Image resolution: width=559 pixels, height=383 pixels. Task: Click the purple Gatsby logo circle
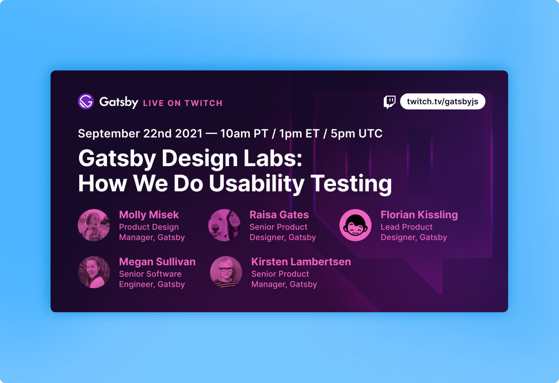(86, 101)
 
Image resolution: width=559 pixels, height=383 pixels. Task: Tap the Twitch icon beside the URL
(390, 102)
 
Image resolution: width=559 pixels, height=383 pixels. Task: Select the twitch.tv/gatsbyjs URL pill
(442, 101)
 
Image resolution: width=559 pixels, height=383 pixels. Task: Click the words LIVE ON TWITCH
(183, 103)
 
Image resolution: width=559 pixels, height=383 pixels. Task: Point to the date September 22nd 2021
(140, 133)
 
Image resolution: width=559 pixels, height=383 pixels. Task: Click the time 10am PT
(244, 133)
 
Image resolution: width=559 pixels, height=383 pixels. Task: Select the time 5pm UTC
(356, 133)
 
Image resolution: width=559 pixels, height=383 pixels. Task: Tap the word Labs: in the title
(273, 158)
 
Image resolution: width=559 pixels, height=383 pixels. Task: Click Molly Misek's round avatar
(94, 225)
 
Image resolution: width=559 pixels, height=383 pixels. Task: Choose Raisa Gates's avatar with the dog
(224, 225)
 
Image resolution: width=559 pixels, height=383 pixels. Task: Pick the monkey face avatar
(356, 225)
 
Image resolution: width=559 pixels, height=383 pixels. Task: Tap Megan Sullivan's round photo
(94, 272)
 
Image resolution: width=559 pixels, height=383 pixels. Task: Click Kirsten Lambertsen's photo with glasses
(226, 272)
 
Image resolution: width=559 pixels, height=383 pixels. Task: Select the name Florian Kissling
(419, 215)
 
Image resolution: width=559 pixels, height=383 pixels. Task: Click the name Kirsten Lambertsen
(301, 262)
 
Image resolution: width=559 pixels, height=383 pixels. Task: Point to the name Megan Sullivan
(157, 262)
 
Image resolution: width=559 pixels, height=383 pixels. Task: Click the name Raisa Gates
(279, 215)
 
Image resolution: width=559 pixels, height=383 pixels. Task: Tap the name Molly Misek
(149, 215)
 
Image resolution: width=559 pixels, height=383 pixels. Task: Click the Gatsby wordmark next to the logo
(119, 102)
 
